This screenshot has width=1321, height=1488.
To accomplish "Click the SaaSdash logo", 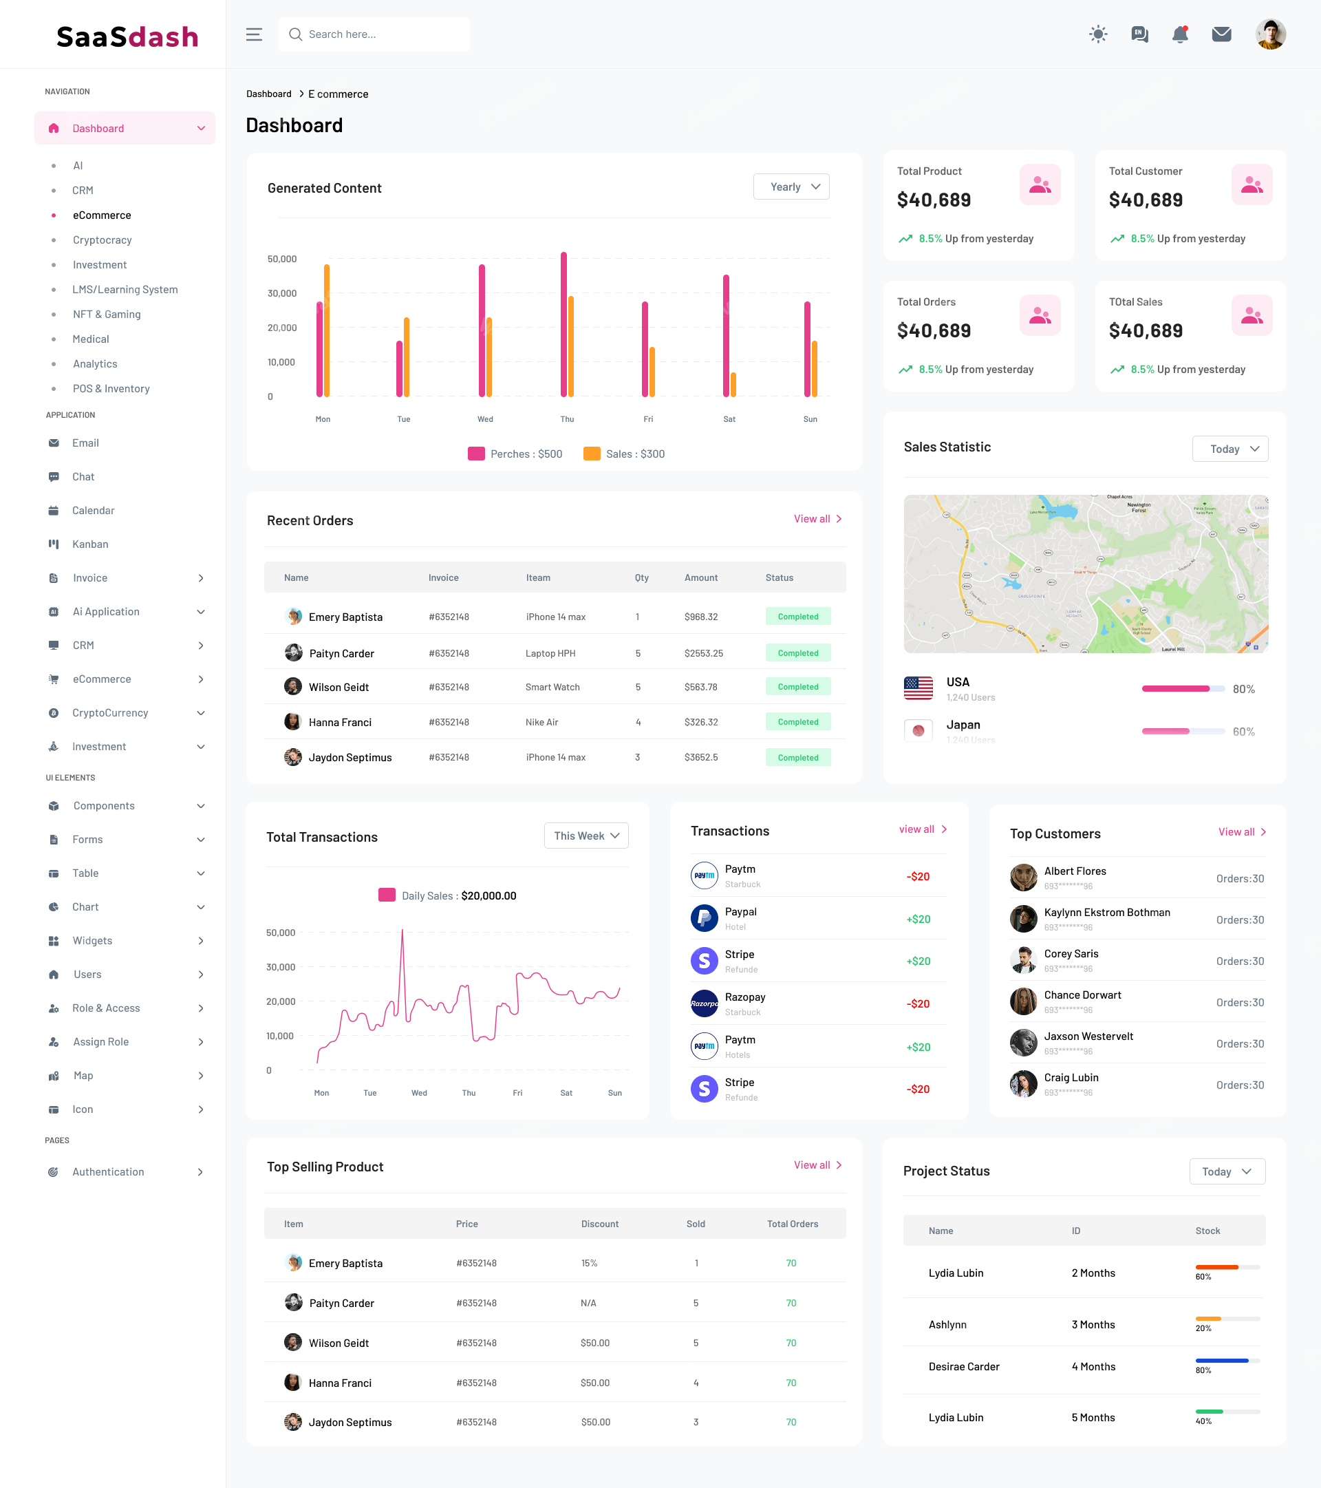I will [127, 36].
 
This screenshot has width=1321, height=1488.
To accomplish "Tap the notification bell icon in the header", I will [1180, 34].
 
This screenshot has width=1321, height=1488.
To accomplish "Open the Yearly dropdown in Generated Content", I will [791, 187].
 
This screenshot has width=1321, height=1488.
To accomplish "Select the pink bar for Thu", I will [563, 324].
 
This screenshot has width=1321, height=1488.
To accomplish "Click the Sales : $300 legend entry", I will [625, 454].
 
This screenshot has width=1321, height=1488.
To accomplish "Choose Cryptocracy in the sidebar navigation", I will [102, 240].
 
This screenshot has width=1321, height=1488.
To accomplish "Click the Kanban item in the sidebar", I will [90, 544].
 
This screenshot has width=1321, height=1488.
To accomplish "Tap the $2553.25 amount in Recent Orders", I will [703, 653].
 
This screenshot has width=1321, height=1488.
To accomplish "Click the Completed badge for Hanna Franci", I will [797, 722].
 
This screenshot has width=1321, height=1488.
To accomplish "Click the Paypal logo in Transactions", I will [704, 918].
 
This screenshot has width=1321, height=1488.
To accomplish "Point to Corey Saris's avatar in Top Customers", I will [1023, 960].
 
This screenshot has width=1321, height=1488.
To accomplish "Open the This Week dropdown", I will [586, 836].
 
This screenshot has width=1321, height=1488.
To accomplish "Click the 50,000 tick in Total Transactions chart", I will [280, 933].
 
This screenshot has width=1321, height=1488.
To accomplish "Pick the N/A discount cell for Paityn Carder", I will [588, 1303].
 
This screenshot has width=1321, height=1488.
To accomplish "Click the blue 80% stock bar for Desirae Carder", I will [1221, 1360].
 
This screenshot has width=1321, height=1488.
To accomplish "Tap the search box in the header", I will [374, 34].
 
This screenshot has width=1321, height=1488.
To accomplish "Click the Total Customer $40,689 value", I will [1145, 200].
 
